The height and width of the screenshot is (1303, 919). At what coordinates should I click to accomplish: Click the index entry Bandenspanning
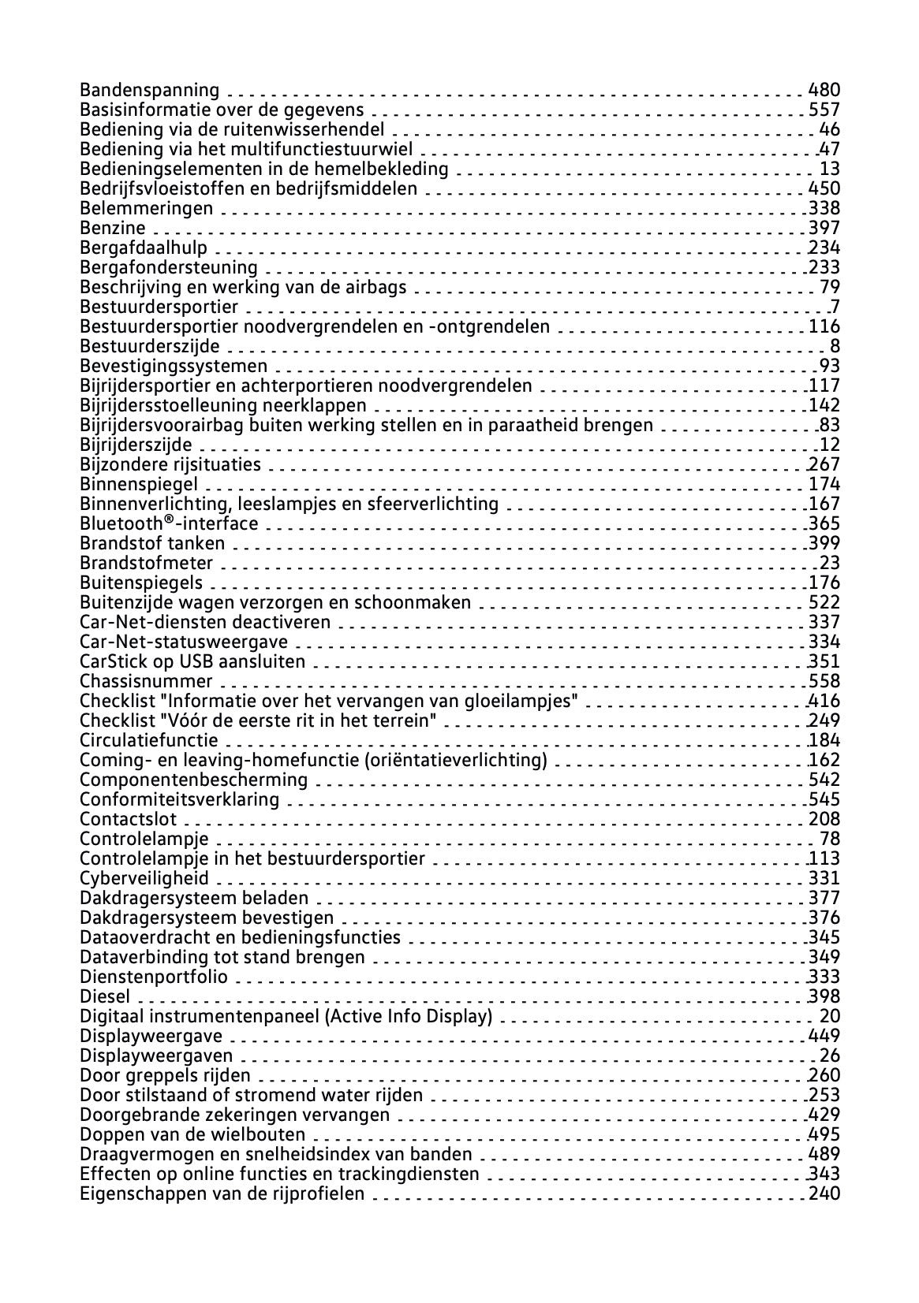coord(150,90)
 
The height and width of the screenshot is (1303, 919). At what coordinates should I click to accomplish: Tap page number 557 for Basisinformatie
coord(824,110)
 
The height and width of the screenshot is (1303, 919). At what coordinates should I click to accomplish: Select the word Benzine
coord(113,228)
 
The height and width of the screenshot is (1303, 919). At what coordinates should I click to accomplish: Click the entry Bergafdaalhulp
coord(144,248)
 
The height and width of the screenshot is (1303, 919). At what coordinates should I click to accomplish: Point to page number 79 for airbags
coord(830,287)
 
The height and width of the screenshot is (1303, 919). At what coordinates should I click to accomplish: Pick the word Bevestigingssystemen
coord(174,366)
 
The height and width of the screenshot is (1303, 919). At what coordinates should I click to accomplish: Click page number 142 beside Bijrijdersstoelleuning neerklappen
coord(824,405)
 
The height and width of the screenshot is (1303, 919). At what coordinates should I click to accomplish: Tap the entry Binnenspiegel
coord(139,484)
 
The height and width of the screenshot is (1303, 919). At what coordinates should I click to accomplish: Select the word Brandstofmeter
coord(147,563)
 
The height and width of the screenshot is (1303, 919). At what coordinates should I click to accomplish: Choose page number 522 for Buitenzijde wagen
coord(824,602)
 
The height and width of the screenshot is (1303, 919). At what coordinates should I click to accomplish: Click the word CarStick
coord(110,661)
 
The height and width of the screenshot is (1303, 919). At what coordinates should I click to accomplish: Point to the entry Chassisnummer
coord(147,681)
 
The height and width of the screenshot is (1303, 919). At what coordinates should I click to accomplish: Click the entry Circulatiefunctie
coord(149,740)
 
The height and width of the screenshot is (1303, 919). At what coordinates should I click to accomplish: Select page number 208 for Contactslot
coord(824,819)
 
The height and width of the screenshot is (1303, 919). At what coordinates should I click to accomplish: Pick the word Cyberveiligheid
coord(144,878)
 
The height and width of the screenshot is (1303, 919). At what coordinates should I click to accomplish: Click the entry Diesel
coord(105,996)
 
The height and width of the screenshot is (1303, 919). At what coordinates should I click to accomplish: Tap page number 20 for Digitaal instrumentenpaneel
coord(830,1016)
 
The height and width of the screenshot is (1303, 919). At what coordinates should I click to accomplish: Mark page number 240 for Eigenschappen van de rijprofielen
coord(824,1193)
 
